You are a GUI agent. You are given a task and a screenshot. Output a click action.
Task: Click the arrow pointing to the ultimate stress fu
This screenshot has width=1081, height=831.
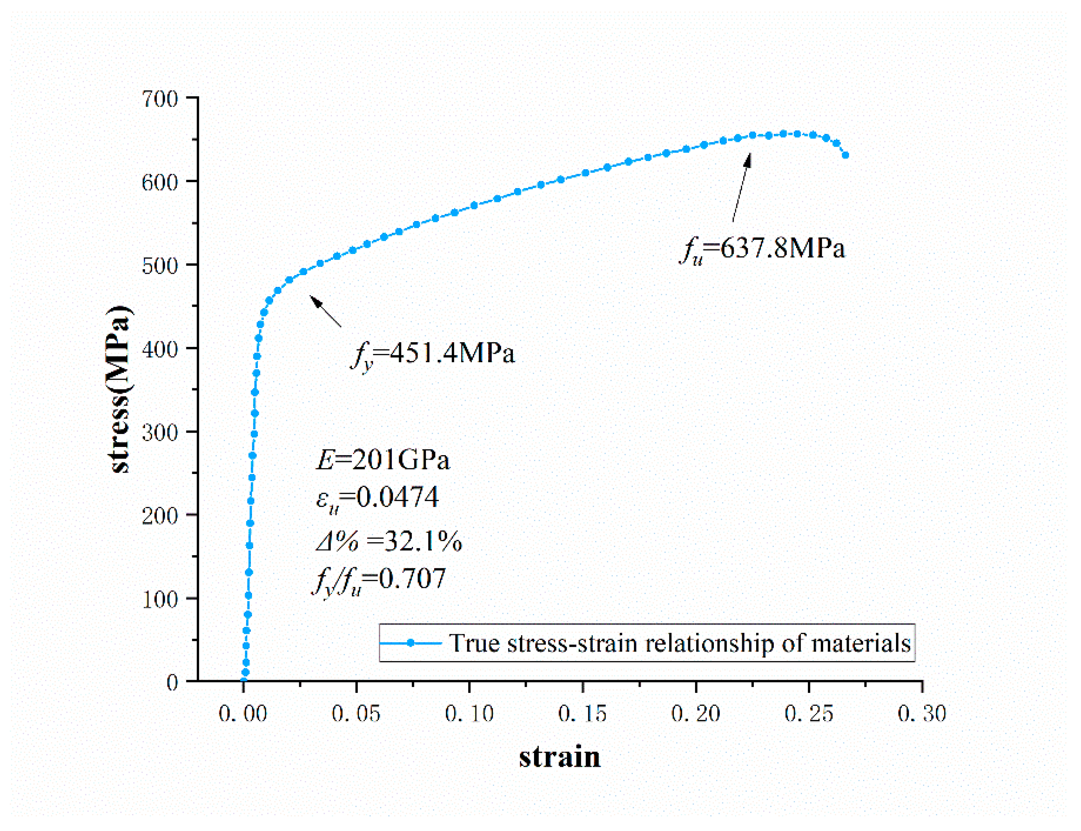pos(741,187)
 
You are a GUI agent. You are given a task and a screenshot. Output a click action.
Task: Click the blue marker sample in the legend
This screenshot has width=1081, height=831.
pos(410,643)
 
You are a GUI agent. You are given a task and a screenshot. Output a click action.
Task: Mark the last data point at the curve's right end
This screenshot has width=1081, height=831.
pos(845,155)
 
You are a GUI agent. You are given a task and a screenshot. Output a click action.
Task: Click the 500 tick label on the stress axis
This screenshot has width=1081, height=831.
pos(159,266)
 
